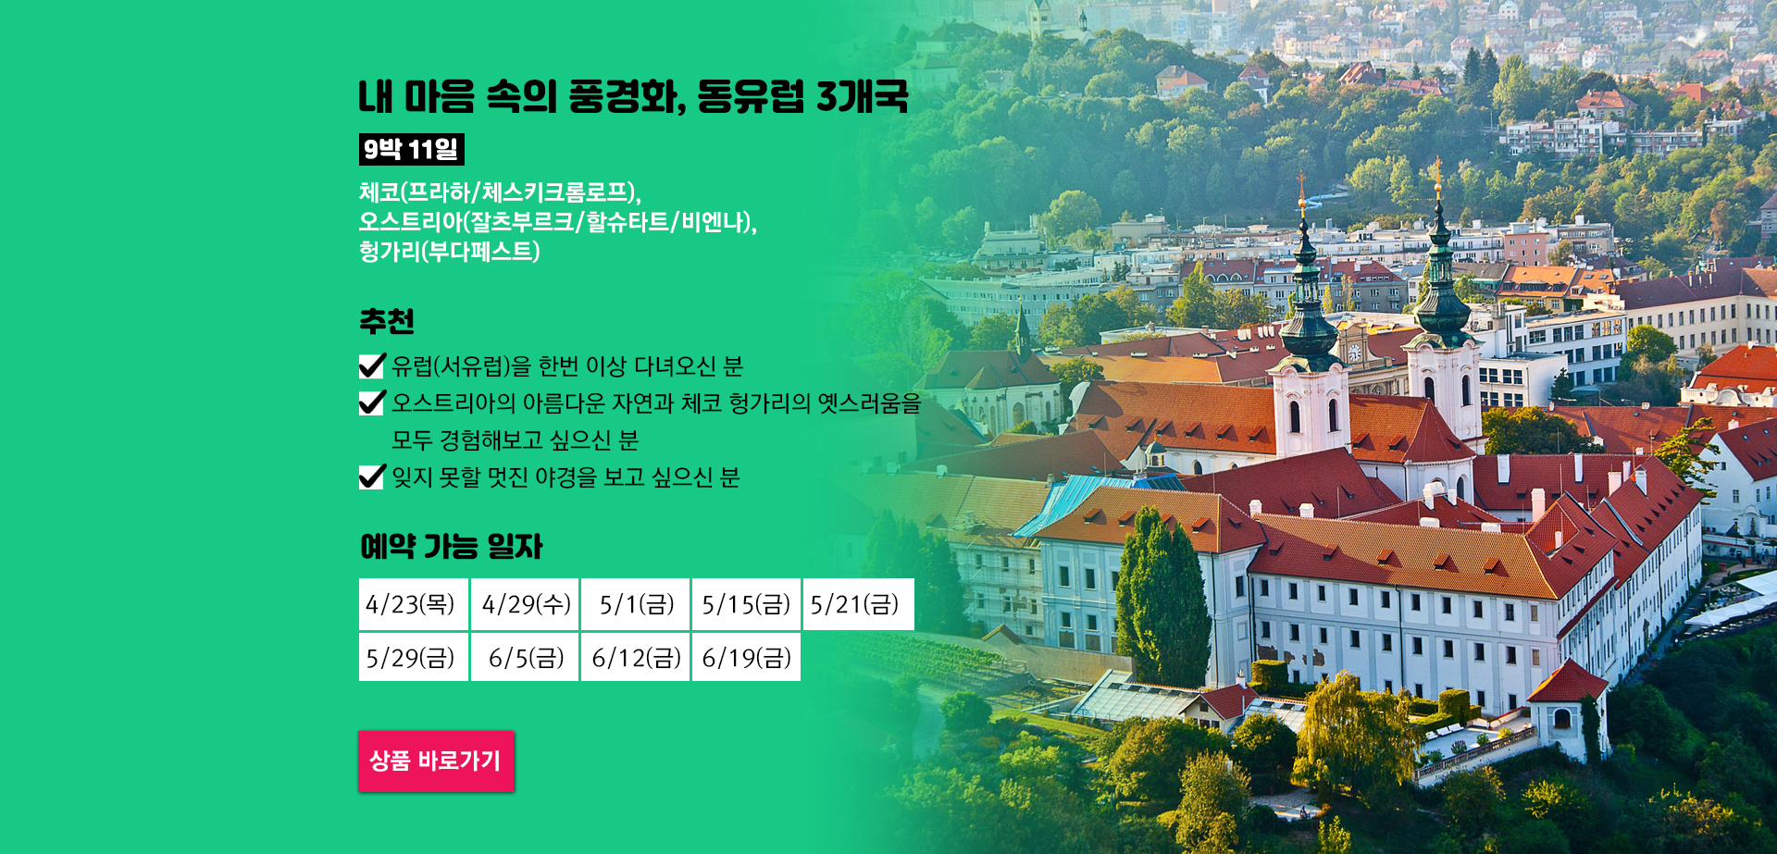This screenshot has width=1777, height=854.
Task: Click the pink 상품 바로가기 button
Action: pyautogui.click(x=436, y=761)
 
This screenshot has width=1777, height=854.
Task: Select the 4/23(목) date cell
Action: pyautogui.click(x=413, y=604)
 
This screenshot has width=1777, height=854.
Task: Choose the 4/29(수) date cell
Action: pyautogui.click(x=525, y=604)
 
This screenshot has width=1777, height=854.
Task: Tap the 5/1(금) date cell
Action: pyautogui.click(x=636, y=604)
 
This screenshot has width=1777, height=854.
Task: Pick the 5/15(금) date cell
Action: pyautogui.click(x=746, y=604)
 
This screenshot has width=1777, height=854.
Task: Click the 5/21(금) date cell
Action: pyautogui.click(x=858, y=604)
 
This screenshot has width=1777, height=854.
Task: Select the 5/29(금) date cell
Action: pyautogui.click(x=413, y=657)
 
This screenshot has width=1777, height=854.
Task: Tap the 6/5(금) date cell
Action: pyautogui.click(x=525, y=657)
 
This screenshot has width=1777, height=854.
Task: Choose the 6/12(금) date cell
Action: pyautogui.click(x=636, y=657)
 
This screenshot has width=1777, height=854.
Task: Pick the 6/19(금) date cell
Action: pyautogui.click(x=746, y=657)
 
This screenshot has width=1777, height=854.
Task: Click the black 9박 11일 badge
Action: pyautogui.click(x=411, y=149)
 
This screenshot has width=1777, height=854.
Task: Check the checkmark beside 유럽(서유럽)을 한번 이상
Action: pyautogui.click(x=371, y=366)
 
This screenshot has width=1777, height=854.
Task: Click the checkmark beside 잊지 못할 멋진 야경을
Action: pyautogui.click(x=371, y=477)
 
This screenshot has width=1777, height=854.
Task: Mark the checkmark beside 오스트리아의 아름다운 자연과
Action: pyautogui.click(x=371, y=402)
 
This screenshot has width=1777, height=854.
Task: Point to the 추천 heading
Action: pyautogui.click(x=387, y=321)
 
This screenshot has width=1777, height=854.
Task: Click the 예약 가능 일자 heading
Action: pyautogui.click(x=451, y=546)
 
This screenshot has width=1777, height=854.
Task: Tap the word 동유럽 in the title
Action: pyautogui.click(x=751, y=96)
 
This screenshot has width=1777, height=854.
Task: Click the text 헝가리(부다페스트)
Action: pyautogui.click(x=450, y=252)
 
